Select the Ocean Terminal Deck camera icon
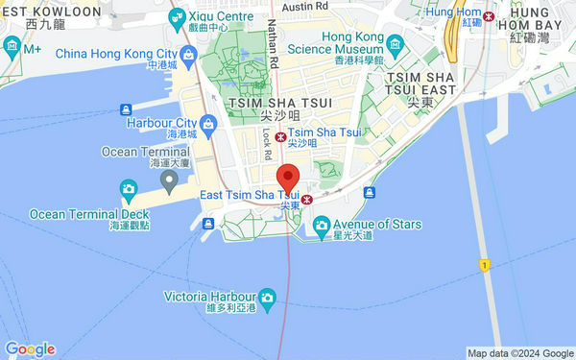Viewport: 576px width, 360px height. point(128,187)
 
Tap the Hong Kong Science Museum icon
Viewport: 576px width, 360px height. point(393,44)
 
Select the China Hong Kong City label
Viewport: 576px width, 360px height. point(117,54)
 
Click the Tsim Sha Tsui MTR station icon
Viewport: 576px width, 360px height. point(279,136)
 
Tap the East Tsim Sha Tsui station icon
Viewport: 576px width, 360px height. point(306,200)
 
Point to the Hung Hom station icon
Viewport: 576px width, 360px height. point(489,17)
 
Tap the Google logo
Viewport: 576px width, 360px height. point(29,348)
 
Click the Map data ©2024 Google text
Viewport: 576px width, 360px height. point(520,352)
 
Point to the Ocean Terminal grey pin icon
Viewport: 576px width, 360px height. point(170,180)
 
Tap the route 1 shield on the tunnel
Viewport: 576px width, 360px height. point(486,262)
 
